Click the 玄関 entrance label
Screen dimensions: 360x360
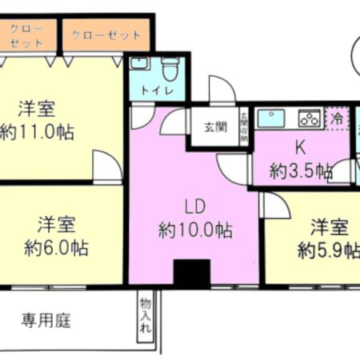(214, 126)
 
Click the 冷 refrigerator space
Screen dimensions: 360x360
(337, 117)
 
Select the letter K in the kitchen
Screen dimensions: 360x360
(301, 147)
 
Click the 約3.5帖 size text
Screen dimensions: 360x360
(301, 170)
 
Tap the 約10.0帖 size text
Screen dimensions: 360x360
(195, 231)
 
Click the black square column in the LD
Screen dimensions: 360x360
(192, 273)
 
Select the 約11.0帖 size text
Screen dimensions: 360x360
(37, 131)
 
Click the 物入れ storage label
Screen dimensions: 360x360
(145, 317)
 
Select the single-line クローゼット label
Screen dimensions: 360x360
(106, 36)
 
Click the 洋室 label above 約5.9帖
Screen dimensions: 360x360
(330, 226)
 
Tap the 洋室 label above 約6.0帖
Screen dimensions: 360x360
(56, 222)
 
